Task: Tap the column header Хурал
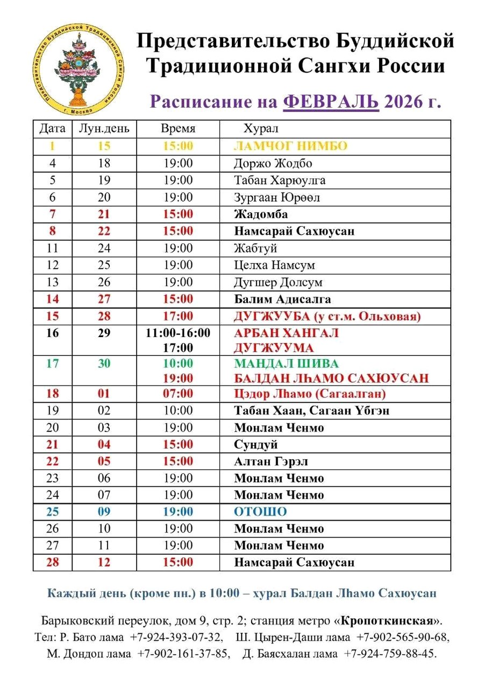point(261,129)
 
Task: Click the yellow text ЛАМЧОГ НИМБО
point(290,146)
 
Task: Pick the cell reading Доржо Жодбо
point(273,163)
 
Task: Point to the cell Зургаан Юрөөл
point(277,198)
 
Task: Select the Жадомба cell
point(261,214)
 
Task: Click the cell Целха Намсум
point(274,265)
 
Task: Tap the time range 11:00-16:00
point(178,333)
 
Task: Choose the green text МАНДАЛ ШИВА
point(287,363)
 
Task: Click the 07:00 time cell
point(178,394)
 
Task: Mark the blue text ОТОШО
point(260,512)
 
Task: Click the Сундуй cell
point(255,445)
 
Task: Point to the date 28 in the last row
point(53,563)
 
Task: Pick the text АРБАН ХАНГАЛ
point(286,333)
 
